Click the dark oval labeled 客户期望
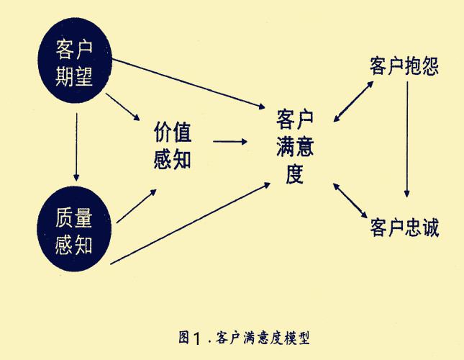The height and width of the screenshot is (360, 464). [x=75, y=60]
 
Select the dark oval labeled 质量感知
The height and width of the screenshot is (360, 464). [x=74, y=229]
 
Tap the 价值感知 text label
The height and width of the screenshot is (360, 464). [x=173, y=145]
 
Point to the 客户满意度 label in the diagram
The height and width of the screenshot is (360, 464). [x=295, y=147]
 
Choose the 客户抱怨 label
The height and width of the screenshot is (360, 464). [x=404, y=66]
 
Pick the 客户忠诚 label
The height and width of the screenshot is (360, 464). [x=404, y=228]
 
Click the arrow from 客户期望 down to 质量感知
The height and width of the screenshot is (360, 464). [x=76, y=147]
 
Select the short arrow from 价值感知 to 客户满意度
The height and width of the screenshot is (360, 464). [x=230, y=142]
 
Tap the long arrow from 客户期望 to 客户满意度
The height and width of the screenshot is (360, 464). [x=188, y=84]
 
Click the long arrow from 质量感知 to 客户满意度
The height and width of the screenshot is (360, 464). [x=190, y=223]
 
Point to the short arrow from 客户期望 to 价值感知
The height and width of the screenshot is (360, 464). [x=123, y=107]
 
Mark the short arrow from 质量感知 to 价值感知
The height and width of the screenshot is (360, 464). [x=137, y=206]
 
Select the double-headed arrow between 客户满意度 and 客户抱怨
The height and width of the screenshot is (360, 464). [x=353, y=102]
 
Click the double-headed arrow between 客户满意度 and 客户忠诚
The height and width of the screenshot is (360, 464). [x=350, y=201]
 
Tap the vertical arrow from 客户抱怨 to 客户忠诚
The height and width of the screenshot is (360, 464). [x=407, y=140]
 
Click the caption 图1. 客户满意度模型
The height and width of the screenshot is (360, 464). [x=244, y=338]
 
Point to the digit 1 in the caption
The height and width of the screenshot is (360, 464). [x=197, y=338]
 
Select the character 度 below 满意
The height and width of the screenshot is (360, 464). [x=295, y=174]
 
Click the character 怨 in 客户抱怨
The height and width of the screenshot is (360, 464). [x=431, y=66]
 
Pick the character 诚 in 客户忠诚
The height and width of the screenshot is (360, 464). [x=431, y=228]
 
